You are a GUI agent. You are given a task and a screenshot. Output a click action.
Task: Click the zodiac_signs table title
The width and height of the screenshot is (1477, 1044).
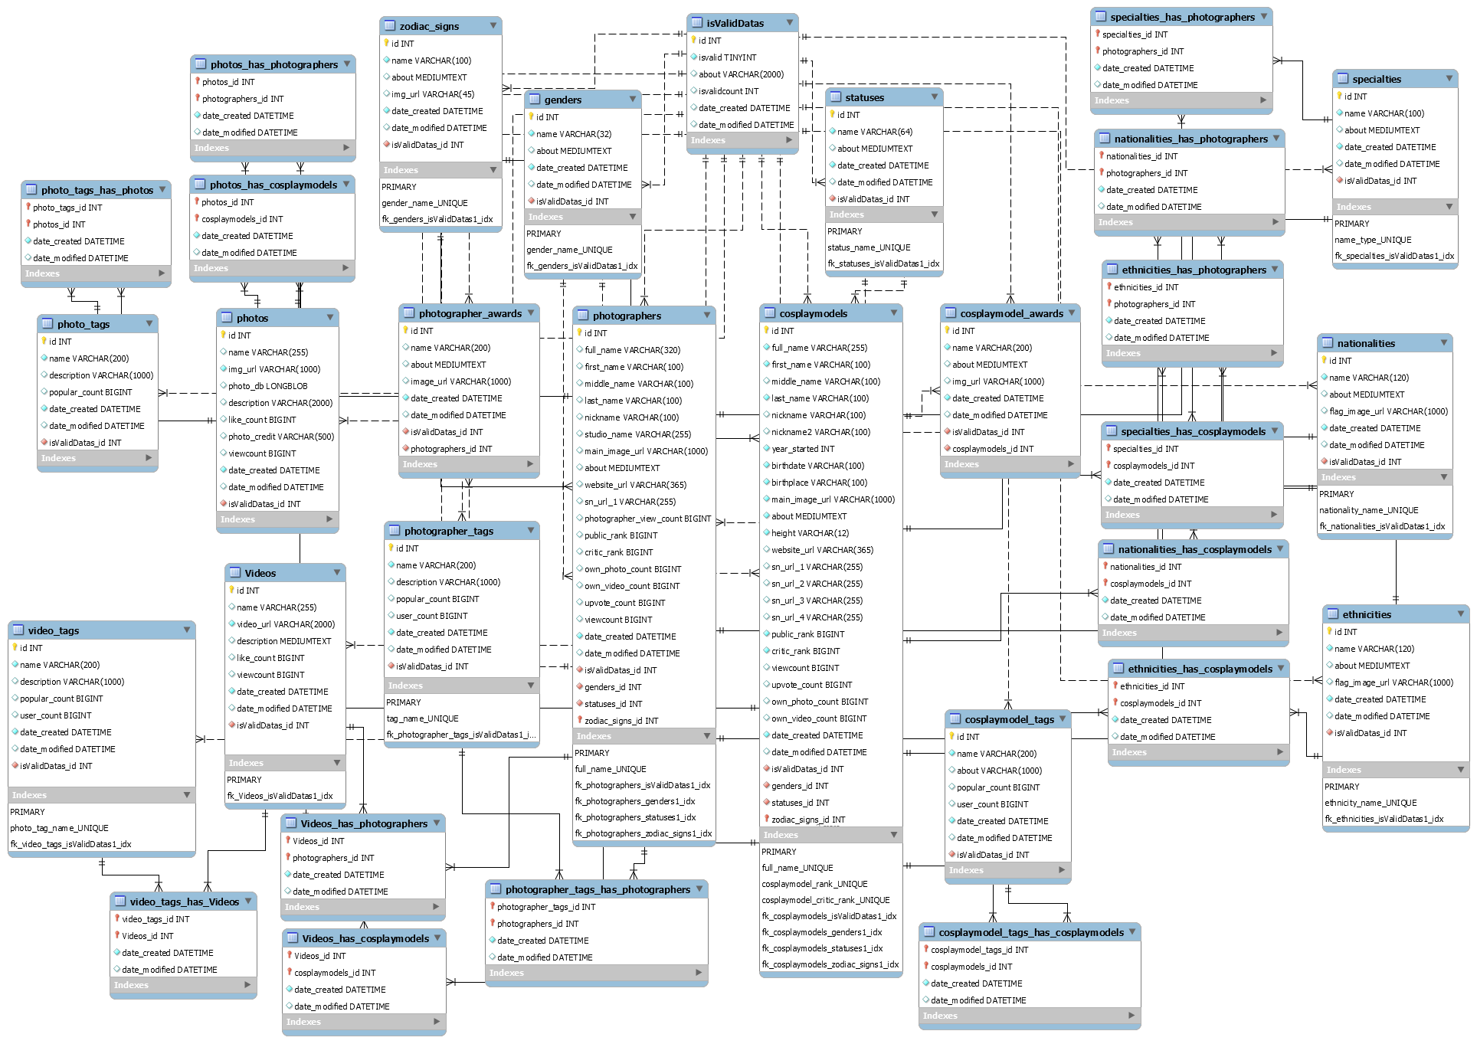[x=429, y=26]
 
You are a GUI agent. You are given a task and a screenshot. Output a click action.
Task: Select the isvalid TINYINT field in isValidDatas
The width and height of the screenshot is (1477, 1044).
[x=727, y=57]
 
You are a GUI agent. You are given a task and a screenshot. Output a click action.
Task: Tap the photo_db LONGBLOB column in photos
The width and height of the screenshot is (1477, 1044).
[x=267, y=386]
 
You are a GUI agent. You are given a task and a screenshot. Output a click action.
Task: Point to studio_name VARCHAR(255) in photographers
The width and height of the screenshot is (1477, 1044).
[x=637, y=434]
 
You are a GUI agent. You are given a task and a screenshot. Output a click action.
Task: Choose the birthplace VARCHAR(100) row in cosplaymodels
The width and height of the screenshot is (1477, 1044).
[x=819, y=483]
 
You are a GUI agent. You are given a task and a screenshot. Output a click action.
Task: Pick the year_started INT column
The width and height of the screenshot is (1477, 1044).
[x=803, y=449]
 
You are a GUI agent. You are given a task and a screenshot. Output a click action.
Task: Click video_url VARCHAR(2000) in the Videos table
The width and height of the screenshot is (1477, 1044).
[x=285, y=624]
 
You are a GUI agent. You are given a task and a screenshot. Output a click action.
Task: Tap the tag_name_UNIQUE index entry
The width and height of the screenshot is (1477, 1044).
[x=423, y=718]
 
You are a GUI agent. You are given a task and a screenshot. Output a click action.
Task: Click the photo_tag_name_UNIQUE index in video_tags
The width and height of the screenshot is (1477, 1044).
[x=59, y=828]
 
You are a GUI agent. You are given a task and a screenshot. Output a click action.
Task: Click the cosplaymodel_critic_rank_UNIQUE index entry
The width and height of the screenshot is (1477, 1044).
[x=826, y=900]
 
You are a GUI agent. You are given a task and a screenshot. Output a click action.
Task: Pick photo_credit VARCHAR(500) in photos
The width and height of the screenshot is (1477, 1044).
[x=280, y=437]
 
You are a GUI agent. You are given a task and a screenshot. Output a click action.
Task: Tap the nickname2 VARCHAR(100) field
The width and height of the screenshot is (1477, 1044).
[x=820, y=432]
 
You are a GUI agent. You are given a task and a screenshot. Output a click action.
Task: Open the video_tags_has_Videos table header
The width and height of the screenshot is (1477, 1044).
[x=184, y=902]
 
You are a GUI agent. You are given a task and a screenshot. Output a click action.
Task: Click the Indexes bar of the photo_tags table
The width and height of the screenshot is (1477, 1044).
[x=97, y=458]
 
